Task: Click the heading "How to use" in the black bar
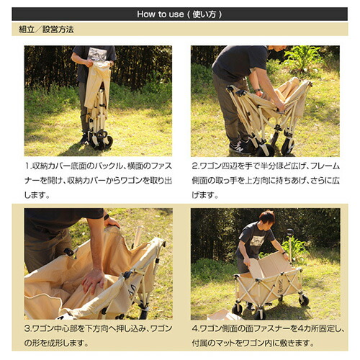(x=161, y=14)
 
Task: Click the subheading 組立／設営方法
(x=46, y=30)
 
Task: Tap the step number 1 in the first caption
(x=27, y=166)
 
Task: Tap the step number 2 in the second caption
(x=194, y=166)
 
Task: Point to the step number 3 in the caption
(x=27, y=328)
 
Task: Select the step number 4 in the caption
(x=194, y=328)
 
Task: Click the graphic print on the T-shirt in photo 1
(x=97, y=54)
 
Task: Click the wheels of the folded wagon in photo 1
(x=101, y=140)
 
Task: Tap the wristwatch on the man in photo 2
(x=257, y=91)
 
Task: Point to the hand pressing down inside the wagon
(x=93, y=281)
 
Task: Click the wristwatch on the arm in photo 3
(x=107, y=217)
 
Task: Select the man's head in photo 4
(x=267, y=218)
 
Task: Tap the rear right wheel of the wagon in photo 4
(x=304, y=300)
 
